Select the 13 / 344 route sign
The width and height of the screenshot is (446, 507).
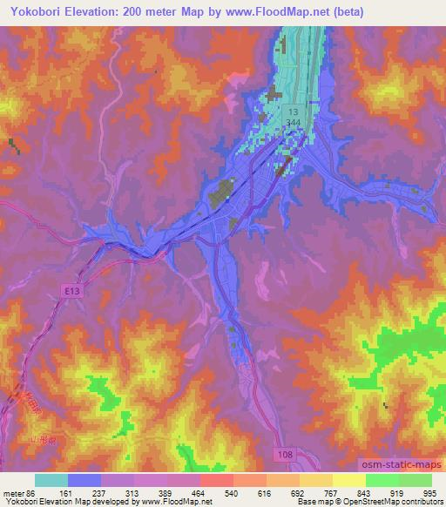[x=294, y=118]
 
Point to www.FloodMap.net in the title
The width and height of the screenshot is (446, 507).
[x=273, y=12]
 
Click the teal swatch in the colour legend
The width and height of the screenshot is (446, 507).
[x=51, y=480]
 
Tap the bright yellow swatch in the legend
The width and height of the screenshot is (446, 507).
[x=349, y=480]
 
